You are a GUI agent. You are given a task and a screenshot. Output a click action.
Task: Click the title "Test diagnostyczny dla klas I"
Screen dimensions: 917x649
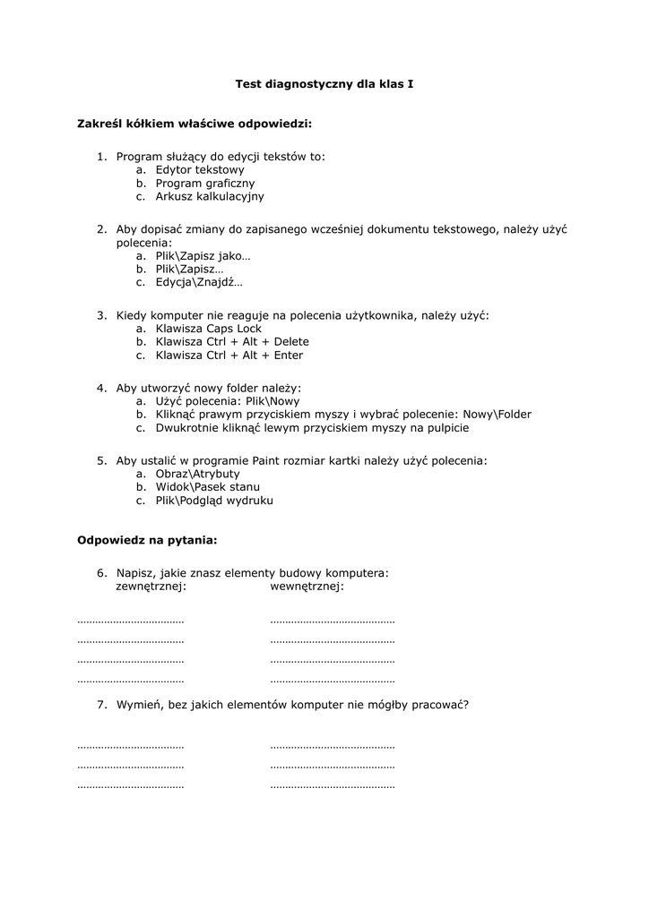(324, 83)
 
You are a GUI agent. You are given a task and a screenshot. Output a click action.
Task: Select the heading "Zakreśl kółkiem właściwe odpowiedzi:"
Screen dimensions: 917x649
(195, 124)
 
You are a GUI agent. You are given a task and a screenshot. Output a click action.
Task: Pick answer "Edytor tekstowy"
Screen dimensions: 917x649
(200, 169)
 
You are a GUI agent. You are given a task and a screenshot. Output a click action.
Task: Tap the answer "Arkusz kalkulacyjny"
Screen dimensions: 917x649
(210, 196)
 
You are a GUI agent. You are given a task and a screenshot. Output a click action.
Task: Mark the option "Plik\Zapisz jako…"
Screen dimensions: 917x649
(203, 256)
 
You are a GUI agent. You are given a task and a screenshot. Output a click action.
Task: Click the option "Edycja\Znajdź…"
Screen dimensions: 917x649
(199, 282)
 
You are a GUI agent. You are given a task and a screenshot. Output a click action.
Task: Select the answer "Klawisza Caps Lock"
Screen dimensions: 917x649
(209, 329)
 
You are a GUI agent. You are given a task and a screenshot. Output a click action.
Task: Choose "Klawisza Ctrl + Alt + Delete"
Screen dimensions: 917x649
(232, 342)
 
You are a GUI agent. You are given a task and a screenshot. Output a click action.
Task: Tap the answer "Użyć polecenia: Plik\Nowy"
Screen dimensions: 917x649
(228, 401)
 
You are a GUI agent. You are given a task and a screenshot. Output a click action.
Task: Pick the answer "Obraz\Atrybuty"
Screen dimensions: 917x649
(197, 474)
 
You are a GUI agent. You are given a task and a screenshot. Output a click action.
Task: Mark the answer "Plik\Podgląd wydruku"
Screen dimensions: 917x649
(214, 501)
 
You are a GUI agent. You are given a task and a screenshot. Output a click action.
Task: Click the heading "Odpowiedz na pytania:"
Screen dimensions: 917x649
(147, 540)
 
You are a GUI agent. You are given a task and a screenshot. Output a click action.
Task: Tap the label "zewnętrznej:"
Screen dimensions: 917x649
(151, 587)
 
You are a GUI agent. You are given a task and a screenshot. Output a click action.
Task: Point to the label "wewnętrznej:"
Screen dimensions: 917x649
(307, 587)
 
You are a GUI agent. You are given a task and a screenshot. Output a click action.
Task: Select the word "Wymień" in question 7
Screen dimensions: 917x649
(137, 705)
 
